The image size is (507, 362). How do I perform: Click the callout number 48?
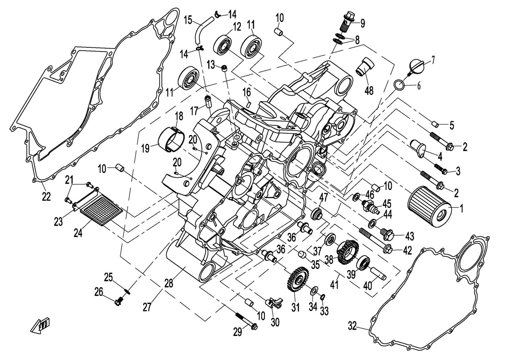tap(368, 90)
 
